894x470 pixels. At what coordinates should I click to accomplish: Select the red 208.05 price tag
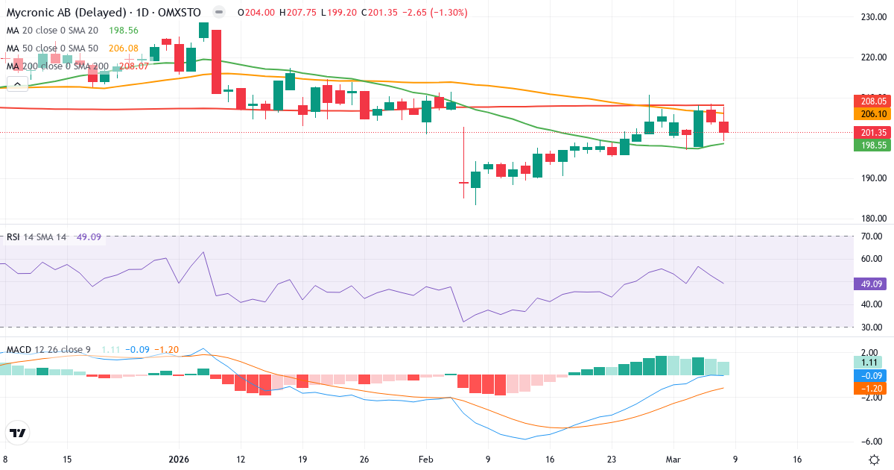pyautogui.click(x=872, y=101)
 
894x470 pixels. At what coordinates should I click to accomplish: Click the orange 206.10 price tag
pyautogui.click(x=872, y=114)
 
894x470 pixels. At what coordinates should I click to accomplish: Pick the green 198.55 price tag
pyautogui.click(x=872, y=145)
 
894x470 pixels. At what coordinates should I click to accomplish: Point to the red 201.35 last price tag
pyautogui.click(x=872, y=133)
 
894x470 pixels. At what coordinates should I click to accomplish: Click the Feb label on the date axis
pyautogui.click(x=425, y=460)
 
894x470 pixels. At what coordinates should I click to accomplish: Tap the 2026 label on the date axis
pyautogui.click(x=180, y=460)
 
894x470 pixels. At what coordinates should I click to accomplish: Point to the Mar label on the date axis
pyautogui.click(x=672, y=460)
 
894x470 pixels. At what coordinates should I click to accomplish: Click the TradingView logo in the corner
pyautogui.click(x=18, y=433)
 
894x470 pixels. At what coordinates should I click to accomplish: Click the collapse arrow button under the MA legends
pyautogui.click(x=18, y=84)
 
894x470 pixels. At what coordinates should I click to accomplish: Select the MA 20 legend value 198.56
pyautogui.click(x=123, y=31)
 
